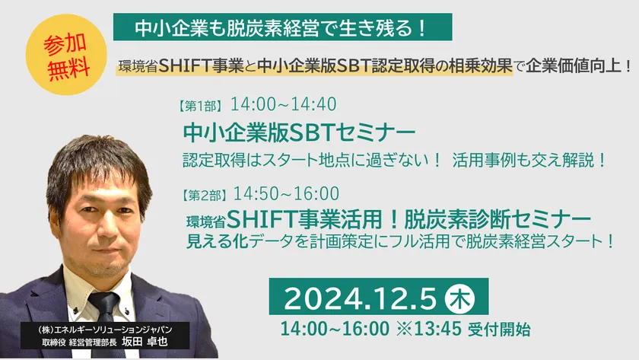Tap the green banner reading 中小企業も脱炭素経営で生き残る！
pyautogui.click(x=282, y=28)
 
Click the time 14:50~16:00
pyautogui.click(x=286, y=193)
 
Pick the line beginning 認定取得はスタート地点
pyautogui.click(x=394, y=161)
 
